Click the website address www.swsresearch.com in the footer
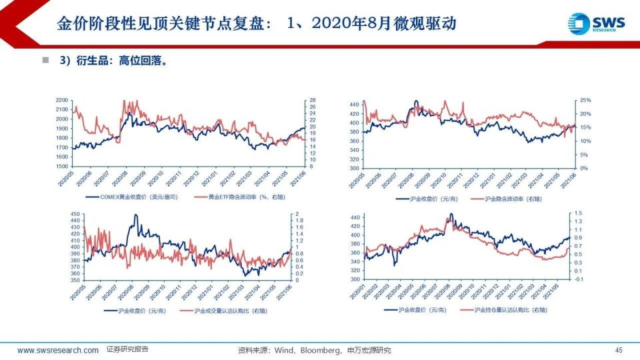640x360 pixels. click(x=58, y=350)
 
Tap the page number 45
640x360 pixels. click(x=619, y=350)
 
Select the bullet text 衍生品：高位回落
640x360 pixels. click(x=113, y=61)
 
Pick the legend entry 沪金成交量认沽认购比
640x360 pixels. click(x=233, y=311)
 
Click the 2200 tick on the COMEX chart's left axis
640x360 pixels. click(x=62, y=100)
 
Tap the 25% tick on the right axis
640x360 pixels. click(x=585, y=100)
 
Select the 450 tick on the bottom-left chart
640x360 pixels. click(x=74, y=213)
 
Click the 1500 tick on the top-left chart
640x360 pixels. click(x=62, y=166)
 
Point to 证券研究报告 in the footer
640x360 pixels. click(x=127, y=349)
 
